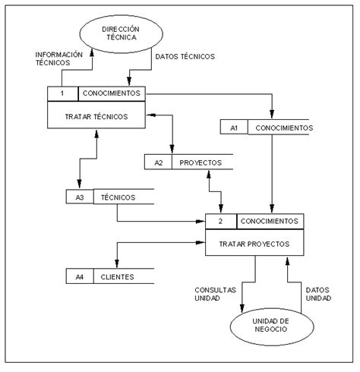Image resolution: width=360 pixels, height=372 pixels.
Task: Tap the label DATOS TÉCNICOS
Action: (x=185, y=56)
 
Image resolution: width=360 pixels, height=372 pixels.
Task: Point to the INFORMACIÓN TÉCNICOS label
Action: (x=59, y=58)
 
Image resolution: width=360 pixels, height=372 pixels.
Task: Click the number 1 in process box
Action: (x=62, y=93)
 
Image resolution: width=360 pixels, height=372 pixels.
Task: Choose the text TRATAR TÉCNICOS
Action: (x=96, y=117)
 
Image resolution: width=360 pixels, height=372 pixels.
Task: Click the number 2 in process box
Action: (x=220, y=221)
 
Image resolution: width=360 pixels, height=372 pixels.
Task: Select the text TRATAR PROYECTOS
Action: (x=254, y=244)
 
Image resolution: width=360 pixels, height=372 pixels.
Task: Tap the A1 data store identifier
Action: (x=234, y=128)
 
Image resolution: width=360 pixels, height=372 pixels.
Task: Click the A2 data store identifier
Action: (x=159, y=162)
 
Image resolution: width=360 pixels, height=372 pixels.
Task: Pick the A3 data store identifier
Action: (x=80, y=197)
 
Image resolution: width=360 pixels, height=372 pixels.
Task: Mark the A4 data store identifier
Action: (x=80, y=277)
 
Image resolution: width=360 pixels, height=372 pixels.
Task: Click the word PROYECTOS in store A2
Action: (x=201, y=162)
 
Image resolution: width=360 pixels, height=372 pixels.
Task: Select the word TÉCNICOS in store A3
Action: (x=118, y=197)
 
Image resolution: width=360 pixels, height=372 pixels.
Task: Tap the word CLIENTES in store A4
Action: (x=117, y=277)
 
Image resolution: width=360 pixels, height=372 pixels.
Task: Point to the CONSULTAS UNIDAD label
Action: (x=215, y=294)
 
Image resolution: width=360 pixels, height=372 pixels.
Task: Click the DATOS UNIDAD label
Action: (x=318, y=294)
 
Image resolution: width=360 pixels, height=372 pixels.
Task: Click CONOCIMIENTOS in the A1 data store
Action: (x=284, y=128)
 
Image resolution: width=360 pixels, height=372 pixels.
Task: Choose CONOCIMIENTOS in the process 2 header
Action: (x=270, y=221)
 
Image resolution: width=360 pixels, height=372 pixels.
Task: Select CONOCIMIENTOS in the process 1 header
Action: (x=112, y=93)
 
